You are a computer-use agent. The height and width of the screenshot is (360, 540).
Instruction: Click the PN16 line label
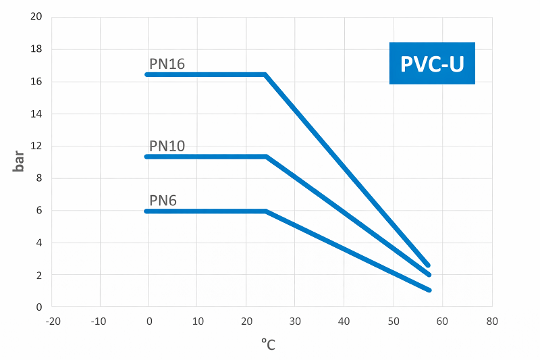167,64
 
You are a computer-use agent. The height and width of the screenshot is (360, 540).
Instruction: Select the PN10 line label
167,147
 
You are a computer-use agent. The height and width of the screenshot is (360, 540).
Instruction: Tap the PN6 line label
163,201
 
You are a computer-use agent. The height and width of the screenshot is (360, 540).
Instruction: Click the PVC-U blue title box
432,63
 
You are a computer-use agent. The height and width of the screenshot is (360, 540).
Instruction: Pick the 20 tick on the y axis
37,17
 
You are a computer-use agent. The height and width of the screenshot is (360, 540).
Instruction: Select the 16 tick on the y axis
37,82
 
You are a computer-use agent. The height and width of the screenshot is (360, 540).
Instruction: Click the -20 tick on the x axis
52,321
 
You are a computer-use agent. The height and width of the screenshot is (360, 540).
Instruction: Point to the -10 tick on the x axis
100,321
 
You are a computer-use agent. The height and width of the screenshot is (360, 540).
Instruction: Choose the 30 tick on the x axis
295,321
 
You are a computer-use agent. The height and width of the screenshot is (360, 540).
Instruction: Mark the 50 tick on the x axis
393,321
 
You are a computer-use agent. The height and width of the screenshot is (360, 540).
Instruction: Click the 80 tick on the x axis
491,321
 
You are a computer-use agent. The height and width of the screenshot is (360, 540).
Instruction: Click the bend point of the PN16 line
265,74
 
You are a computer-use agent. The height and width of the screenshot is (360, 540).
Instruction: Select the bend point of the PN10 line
266,157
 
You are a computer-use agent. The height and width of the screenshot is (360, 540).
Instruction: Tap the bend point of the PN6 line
266,211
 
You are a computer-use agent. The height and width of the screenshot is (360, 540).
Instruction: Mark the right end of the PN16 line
428,265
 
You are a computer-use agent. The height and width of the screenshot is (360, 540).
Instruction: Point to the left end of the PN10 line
147,157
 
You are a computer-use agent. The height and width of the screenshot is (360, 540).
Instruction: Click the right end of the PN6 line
429,290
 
